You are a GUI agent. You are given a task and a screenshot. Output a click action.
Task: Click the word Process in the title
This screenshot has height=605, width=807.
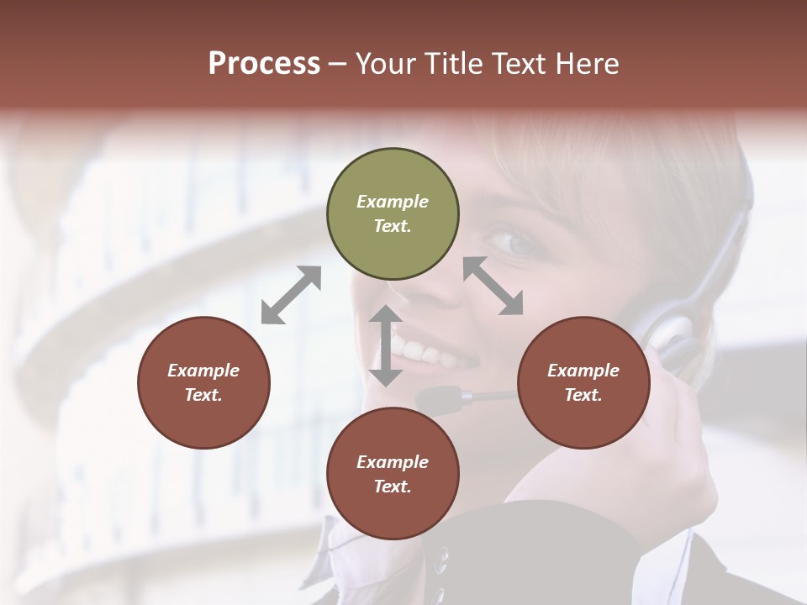coord(264,64)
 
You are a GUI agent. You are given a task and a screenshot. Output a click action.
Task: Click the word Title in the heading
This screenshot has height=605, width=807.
coord(450,64)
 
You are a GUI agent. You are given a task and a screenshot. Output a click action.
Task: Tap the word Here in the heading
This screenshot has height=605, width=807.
coord(587,64)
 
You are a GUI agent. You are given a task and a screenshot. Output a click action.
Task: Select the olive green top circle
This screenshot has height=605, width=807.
coord(393,214)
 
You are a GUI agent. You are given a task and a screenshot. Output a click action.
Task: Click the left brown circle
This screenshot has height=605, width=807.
coord(203,382)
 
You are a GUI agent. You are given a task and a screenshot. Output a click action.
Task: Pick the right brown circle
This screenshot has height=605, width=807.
coord(583,382)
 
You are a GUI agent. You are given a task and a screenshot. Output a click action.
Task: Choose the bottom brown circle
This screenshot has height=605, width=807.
coord(393,474)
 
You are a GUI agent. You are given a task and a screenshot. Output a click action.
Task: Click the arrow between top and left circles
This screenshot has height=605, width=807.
coord(291,295)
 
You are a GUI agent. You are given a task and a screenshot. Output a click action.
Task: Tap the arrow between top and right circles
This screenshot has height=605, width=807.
coord(493,286)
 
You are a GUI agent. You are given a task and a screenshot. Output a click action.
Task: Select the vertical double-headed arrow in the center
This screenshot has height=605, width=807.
coord(386,345)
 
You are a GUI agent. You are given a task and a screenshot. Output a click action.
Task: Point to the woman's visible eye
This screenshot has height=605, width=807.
coord(514,242)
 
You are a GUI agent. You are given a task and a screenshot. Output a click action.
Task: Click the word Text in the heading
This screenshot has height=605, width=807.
coord(517,64)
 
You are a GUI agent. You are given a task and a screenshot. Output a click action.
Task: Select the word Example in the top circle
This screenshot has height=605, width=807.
coord(393,202)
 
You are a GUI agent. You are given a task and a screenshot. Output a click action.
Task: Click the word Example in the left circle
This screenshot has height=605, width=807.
coord(203,371)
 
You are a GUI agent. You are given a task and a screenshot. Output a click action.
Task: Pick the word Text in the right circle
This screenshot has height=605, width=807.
coord(583,395)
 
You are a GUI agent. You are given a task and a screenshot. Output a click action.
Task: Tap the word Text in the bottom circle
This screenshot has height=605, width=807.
coord(393,487)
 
